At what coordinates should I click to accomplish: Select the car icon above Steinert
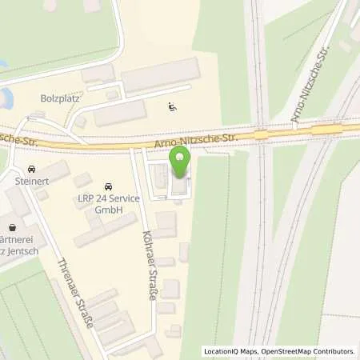(30, 170)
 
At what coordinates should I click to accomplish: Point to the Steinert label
(31, 182)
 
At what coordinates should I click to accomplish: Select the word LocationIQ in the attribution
(221, 351)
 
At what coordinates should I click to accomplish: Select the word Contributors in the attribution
(331, 351)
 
